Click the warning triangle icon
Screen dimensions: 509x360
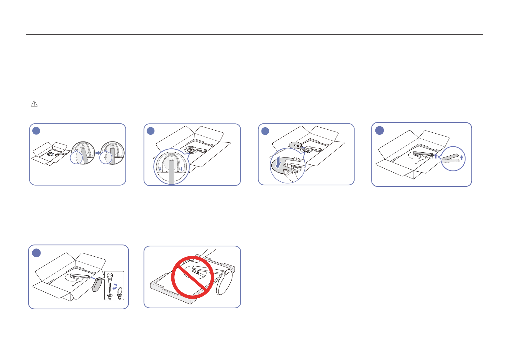34,104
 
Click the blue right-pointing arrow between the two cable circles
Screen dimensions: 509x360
98,153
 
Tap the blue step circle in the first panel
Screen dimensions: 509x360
36,131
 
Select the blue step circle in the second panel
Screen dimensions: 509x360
151,131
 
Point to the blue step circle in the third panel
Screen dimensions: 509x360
265,131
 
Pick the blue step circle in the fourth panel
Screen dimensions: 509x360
379,130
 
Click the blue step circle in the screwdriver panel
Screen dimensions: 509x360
36,253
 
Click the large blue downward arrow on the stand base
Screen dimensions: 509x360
278,163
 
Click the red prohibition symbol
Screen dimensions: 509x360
193,277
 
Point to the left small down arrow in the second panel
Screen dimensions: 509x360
160,169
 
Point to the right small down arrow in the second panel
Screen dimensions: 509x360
181,169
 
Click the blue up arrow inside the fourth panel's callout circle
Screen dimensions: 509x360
461,158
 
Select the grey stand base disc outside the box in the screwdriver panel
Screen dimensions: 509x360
97,285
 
